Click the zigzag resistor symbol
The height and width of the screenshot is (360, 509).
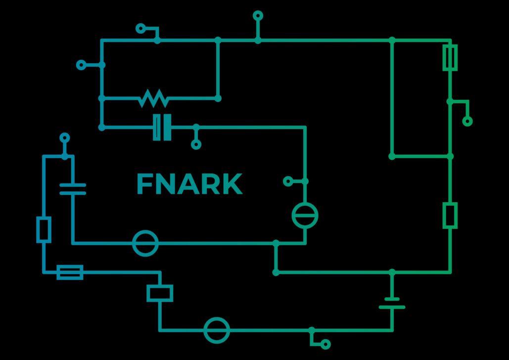pyautogui.click(x=153, y=98)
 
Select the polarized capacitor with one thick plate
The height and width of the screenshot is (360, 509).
pyautogui.click(x=162, y=127)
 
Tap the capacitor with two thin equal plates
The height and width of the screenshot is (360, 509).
pyautogui.click(x=73, y=189)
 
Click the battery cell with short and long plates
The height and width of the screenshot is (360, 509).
pyautogui.click(x=392, y=303)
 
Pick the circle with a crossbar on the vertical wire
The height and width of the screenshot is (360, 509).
pyautogui.click(x=305, y=216)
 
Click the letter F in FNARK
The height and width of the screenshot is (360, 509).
pyautogui.click(x=144, y=184)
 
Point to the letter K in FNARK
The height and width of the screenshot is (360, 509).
pyautogui.click(x=231, y=184)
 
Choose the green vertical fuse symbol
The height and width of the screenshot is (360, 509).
pyautogui.click(x=450, y=57)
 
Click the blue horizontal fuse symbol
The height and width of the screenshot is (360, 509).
pyautogui.click(x=70, y=272)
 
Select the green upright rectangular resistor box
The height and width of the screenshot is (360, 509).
pyautogui.click(x=450, y=215)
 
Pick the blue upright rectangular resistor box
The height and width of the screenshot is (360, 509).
pyautogui.click(x=44, y=229)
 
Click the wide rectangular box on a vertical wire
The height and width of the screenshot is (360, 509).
pyautogui.click(x=160, y=293)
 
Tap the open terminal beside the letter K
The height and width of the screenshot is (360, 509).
pyautogui.click(x=288, y=181)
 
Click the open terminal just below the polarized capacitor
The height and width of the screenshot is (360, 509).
pyautogui.click(x=196, y=144)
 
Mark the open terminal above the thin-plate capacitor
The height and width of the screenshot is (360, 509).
pyautogui.click(x=65, y=138)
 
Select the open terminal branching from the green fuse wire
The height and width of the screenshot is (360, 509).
pyautogui.click(x=467, y=121)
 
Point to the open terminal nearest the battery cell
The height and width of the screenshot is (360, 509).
pyautogui.click(x=325, y=344)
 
